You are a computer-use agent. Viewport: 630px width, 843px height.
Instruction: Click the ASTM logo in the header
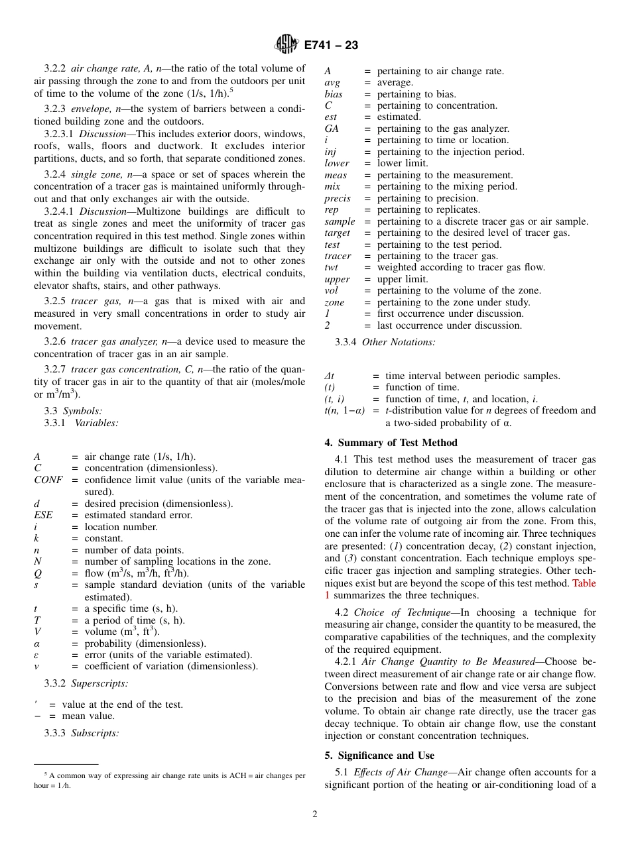[x=287, y=44]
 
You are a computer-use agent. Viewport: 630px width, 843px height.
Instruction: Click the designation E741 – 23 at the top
[x=331, y=45]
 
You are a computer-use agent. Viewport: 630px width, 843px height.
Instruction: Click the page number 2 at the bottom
[x=315, y=814]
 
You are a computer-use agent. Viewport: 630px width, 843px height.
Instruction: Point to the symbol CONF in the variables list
[x=48, y=480]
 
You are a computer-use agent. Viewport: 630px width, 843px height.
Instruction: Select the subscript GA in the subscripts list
[x=332, y=129]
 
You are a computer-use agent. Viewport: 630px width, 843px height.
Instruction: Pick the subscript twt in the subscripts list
[x=331, y=267]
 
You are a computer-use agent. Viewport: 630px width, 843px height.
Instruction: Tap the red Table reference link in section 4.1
[x=584, y=583]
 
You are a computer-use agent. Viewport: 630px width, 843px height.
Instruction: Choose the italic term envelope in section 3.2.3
[x=92, y=109]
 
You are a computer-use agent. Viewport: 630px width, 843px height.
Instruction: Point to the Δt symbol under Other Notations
[x=329, y=376]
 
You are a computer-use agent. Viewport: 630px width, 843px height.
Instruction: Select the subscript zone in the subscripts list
[x=334, y=302]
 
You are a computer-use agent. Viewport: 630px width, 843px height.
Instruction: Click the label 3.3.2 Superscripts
[x=86, y=683]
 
